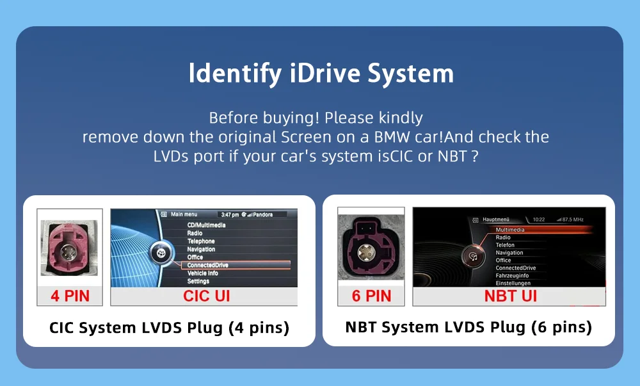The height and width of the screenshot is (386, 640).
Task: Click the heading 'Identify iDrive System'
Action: pos(321,74)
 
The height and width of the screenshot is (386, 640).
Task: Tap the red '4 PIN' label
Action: pos(70,296)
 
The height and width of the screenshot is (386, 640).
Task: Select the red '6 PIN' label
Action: pos(371,296)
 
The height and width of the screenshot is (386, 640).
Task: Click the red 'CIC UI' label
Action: pos(207,296)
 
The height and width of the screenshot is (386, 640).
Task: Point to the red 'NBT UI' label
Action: pos(510,296)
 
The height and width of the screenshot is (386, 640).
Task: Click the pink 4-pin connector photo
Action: pos(69,248)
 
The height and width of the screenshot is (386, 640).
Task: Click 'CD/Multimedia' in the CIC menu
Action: pos(206,225)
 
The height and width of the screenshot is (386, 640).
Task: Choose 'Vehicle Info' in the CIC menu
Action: pos(202,273)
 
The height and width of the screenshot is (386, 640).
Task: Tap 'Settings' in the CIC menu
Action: pos(198,281)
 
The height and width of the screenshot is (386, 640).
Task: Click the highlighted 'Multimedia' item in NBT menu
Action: pos(510,230)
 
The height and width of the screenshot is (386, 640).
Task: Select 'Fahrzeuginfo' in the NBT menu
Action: pos(512,275)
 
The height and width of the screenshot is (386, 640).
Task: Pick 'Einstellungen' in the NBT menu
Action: pos(513,283)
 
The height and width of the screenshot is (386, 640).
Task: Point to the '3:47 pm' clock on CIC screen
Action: pos(230,214)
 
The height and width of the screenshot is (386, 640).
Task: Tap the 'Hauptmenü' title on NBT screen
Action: pos(495,220)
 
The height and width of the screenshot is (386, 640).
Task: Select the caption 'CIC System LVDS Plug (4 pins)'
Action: pos(169,328)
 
